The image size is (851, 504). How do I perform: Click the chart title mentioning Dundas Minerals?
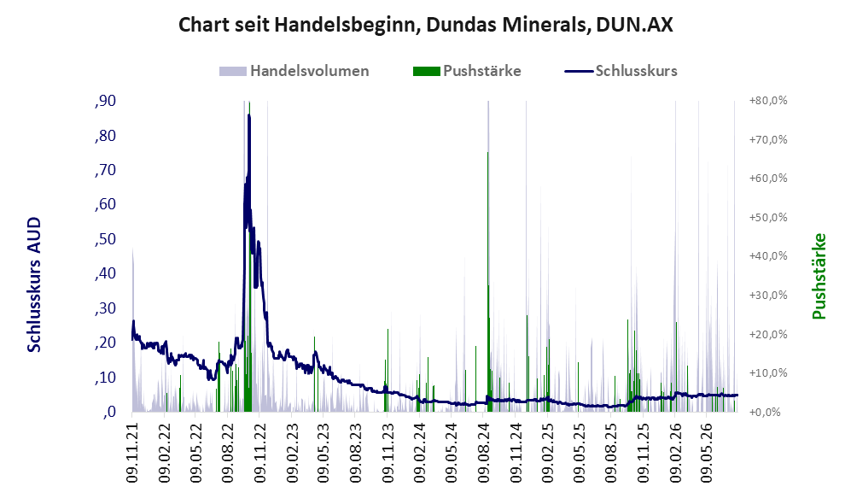click(425, 25)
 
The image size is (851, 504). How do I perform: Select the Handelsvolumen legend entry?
click(294, 71)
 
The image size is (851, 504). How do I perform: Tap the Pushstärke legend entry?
click(467, 71)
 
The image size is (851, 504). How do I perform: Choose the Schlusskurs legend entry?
click(621, 71)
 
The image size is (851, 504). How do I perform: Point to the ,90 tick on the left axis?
click(105, 101)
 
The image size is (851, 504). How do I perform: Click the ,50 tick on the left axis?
click(105, 239)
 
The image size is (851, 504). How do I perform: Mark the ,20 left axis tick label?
click(105, 343)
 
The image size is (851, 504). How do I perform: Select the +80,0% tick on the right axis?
click(768, 101)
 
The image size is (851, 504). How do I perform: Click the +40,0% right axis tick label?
click(768, 256)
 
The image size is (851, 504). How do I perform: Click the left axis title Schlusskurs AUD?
click(34, 284)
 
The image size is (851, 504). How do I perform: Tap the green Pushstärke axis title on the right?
click(819, 277)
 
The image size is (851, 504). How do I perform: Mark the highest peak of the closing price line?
click(249, 115)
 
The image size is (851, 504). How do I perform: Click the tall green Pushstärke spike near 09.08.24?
click(488, 282)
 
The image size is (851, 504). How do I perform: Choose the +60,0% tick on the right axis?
click(768, 179)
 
